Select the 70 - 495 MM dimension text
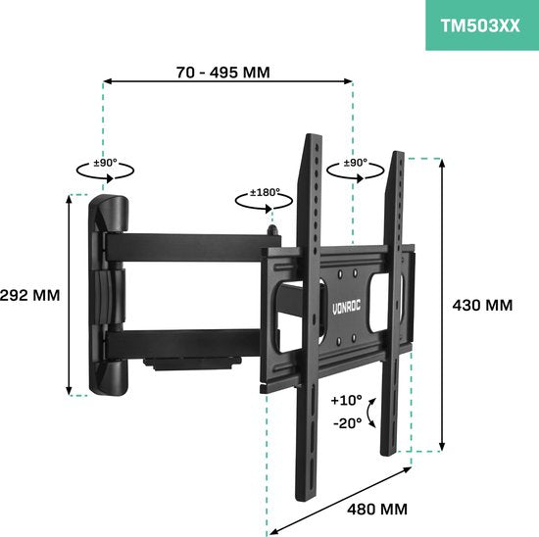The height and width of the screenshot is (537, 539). pyautogui.click(x=223, y=73)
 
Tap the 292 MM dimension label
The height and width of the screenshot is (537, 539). pyautogui.click(x=30, y=295)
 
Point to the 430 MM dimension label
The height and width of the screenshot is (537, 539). pyautogui.click(x=482, y=306)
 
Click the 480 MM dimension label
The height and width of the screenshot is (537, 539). pyautogui.click(x=377, y=510)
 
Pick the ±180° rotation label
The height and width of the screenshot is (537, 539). pyautogui.click(x=265, y=192)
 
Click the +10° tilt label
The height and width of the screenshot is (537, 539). pyautogui.click(x=346, y=400)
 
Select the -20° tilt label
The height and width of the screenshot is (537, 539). pyautogui.click(x=348, y=423)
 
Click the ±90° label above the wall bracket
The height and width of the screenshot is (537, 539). pyautogui.click(x=106, y=163)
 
